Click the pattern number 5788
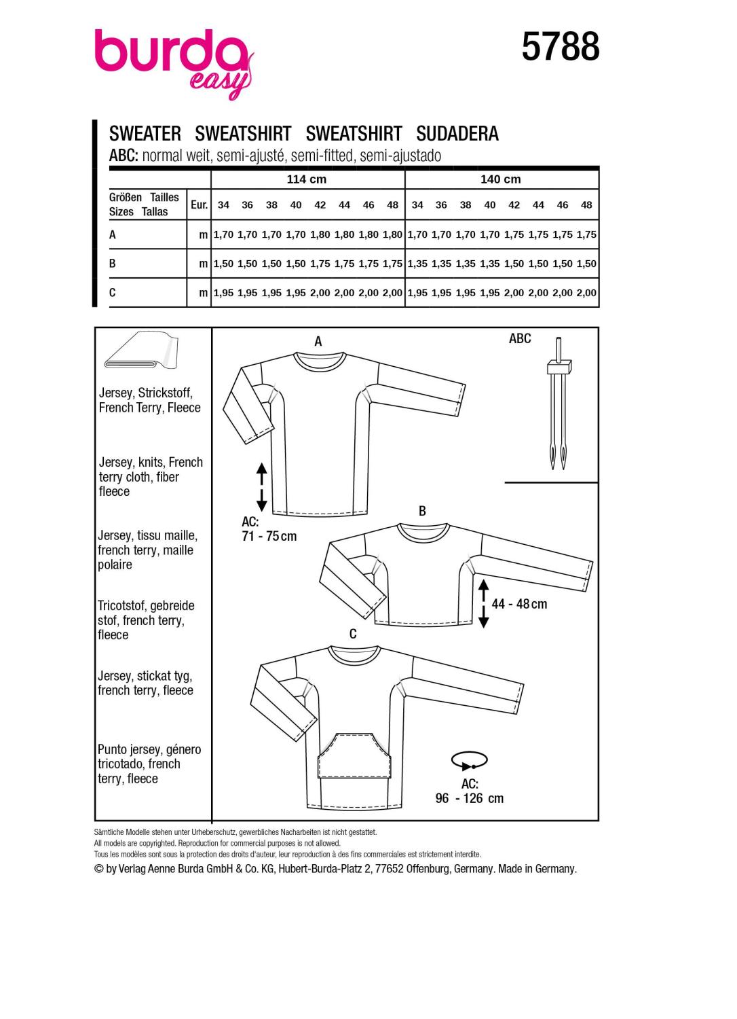[561, 48]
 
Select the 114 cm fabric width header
[307, 179]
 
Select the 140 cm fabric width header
[501, 179]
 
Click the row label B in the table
[113, 263]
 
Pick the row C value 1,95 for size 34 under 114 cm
[223, 293]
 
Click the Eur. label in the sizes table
[199, 204]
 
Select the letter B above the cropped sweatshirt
[422, 511]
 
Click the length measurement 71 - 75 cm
[269, 536]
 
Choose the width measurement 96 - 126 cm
[470, 798]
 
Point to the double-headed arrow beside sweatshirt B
[483, 603]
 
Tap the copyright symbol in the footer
[99, 869]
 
